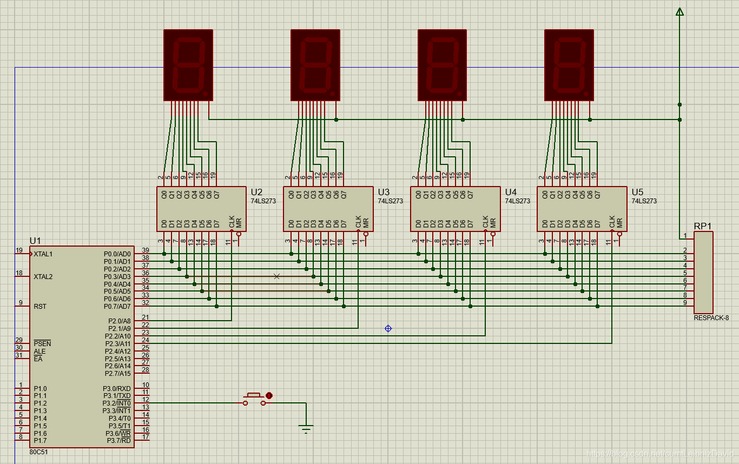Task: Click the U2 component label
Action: [256, 192]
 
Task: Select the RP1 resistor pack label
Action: [703, 227]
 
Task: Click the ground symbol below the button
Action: [306, 429]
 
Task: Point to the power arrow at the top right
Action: [679, 12]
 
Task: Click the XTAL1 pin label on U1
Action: [43, 254]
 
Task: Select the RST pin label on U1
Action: [40, 307]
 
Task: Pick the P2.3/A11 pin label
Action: [118, 343]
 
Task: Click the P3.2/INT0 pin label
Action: [117, 403]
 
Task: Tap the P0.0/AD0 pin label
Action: [117, 254]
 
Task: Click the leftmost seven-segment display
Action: [188, 65]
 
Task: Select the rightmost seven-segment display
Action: [569, 65]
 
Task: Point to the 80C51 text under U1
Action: [39, 452]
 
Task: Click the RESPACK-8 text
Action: [711, 318]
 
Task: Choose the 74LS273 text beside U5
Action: [644, 201]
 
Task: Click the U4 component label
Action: [511, 192]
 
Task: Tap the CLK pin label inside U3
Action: [358, 222]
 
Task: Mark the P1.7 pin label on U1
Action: [40, 441]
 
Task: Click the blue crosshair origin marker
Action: [388, 328]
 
